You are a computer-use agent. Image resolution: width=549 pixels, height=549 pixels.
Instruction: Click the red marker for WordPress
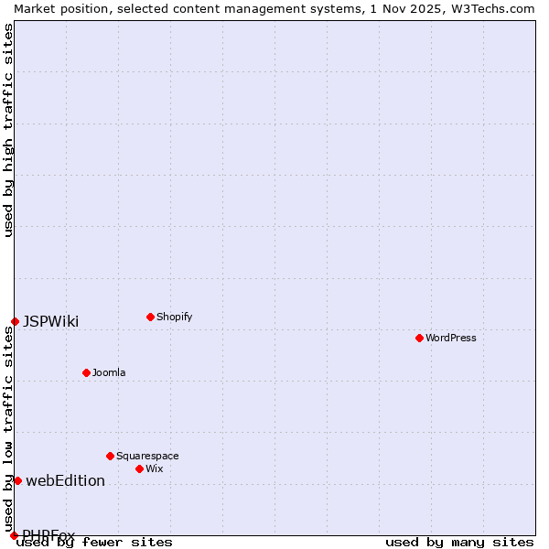(419, 338)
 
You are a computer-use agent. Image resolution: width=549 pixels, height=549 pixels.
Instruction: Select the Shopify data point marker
(150, 317)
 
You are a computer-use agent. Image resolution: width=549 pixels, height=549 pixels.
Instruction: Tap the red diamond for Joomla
(86, 372)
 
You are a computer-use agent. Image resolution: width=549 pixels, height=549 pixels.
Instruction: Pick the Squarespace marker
(110, 456)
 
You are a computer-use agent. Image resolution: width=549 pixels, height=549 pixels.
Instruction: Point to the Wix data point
(139, 468)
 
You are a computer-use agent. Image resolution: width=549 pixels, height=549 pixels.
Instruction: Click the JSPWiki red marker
(15, 321)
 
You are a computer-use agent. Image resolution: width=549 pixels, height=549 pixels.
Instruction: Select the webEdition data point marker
(17, 480)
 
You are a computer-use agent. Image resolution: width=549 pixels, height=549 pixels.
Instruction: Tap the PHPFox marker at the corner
(14, 535)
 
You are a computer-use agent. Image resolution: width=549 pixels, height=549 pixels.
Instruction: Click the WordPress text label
(451, 338)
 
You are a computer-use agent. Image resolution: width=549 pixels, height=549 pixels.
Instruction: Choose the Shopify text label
(175, 317)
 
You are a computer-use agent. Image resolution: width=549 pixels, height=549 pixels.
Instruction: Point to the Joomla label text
(109, 372)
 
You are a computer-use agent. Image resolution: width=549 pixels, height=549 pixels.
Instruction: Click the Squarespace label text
(147, 456)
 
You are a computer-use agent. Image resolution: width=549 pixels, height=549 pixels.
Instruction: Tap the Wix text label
(155, 468)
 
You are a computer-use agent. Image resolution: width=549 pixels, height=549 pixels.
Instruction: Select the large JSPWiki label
(50, 321)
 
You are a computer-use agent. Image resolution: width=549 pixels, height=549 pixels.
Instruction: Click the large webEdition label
(65, 480)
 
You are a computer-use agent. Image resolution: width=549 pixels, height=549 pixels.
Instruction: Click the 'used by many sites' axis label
(459, 542)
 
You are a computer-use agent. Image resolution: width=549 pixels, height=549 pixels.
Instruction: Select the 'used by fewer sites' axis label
(95, 542)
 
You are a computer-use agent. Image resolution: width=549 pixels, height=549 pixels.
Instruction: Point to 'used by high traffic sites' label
(8, 130)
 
